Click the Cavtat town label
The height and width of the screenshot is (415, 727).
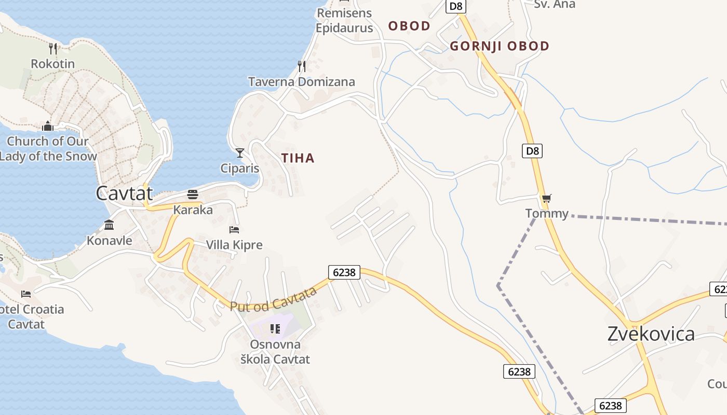tap(125, 193)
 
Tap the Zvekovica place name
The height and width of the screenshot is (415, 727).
tap(651, 334)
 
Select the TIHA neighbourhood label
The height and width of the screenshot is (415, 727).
tap(298, 158)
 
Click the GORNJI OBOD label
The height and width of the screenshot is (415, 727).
tap(499, 46)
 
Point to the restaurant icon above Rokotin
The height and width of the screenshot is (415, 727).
tap(52, 49)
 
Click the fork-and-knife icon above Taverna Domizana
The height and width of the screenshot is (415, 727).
tap(301, 66)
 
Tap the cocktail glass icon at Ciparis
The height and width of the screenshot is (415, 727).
tap(240, 153)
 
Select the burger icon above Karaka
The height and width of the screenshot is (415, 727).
tap(193, 195)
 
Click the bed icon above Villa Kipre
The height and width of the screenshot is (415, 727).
tap(234, 229)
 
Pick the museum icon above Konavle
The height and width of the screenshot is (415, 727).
tap(109, 225)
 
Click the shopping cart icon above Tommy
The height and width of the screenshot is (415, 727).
tap(546, 198)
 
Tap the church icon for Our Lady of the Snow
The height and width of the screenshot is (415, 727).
tap(48, 126)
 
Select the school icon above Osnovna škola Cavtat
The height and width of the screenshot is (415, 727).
tap(275, 328)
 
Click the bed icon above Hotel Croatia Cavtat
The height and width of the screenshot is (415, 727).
tap(26, 294)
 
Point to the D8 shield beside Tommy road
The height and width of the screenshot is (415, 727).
tap(532, 151)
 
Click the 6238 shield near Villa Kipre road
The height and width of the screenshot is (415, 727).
tap(344, 272)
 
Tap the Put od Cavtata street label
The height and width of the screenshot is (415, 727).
tap(274, 299)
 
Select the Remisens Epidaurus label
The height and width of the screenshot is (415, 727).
tap(344, 20)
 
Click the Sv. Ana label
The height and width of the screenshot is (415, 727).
tap(555, 4)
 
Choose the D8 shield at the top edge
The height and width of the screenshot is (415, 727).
tap(456, 6)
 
